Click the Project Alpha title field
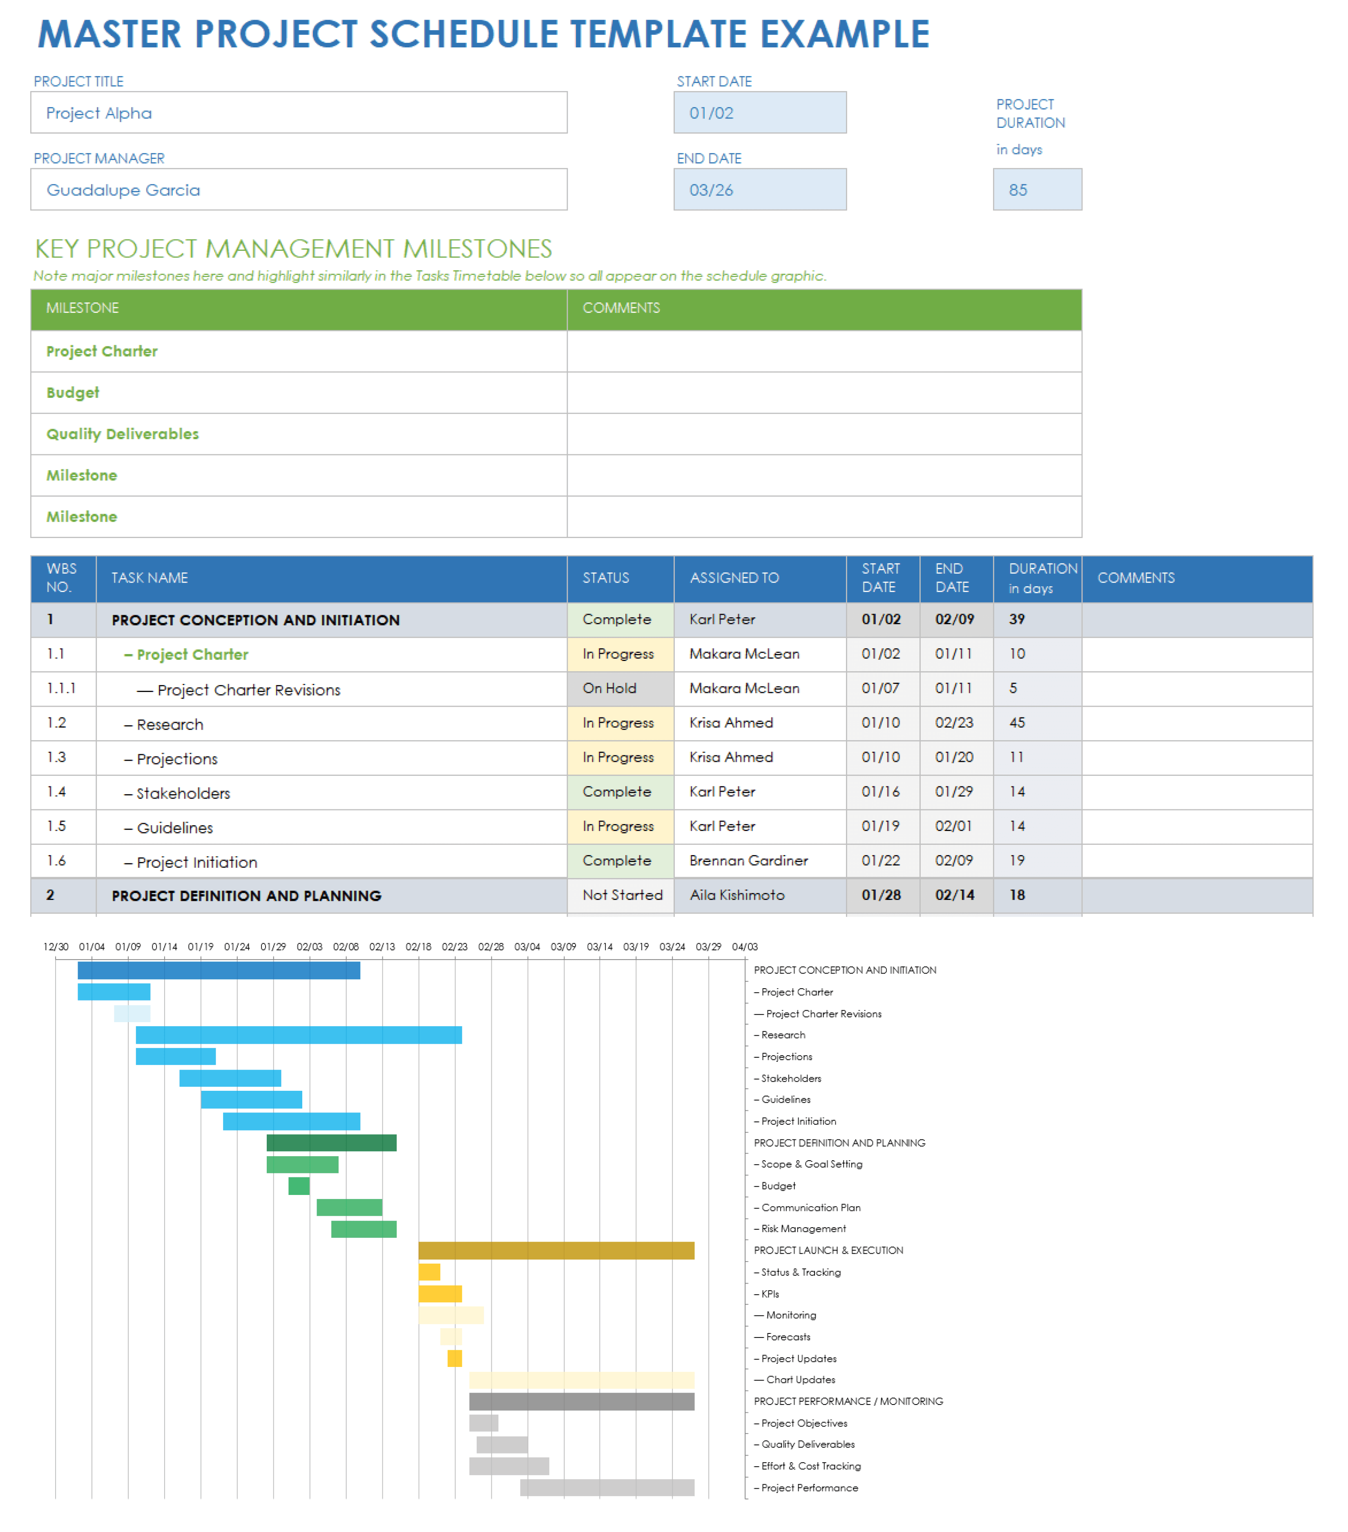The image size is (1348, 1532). click(x=298, y=112)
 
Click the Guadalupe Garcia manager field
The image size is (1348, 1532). click(x=298, y=190)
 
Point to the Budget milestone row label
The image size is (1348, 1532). click(x=73, y=393)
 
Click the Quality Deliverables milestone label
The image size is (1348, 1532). click(x=122, y=434)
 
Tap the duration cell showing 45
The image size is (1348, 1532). click(x=1036, y=723)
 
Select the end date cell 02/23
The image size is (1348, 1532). click(x=955, y=723)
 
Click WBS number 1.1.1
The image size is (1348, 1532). click(x=61, y=688)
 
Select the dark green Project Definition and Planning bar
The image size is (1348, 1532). click(x=331, y=1142)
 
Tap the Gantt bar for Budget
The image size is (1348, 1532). click(x=299, y=1186)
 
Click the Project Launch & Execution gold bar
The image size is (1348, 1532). click(x=556, y=1250)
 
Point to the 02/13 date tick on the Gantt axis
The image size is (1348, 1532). click(x=382, y=947)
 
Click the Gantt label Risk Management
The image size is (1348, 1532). click(x=803, y=1228)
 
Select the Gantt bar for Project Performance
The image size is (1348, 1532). click(x=607, y=1488)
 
